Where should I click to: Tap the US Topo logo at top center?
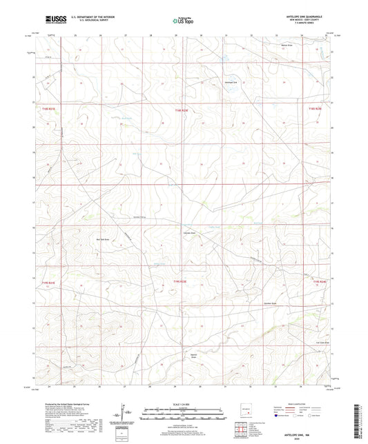pyautogui.click(x=184, y=21)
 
